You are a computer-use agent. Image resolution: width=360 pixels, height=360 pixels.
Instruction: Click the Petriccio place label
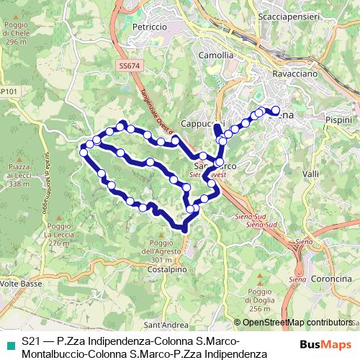coord(150,27)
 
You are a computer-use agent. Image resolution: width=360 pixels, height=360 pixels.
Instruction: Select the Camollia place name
coord(217,55)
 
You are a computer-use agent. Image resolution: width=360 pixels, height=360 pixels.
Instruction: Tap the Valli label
coord(311,174)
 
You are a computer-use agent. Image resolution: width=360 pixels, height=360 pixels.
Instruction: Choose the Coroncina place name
coord(331,279)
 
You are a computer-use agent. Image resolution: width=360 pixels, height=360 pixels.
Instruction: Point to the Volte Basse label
coord(19,284)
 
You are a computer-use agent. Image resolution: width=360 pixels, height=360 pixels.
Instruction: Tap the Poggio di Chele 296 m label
coord(14,33)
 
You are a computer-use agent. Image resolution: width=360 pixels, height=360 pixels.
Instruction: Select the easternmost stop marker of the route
coord(275,110)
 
